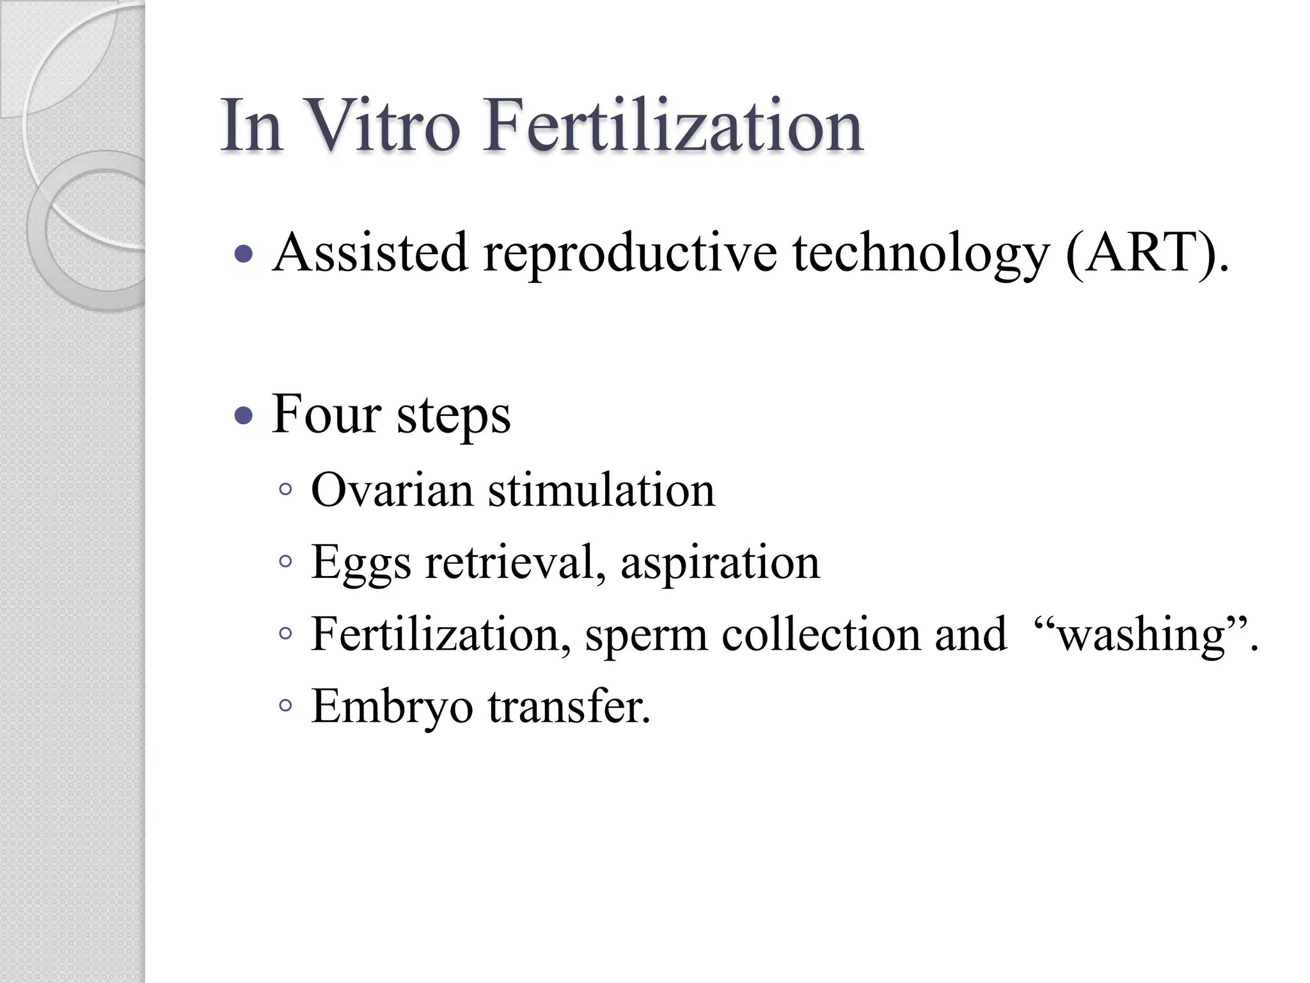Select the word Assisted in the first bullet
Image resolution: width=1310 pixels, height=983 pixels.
click(x=370, y=253)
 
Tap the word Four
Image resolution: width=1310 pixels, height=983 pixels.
click(x=326, y=414)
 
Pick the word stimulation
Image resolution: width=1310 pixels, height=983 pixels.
click(x=601, y=490)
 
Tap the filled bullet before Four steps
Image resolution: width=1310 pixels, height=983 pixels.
click(x=244, y=417)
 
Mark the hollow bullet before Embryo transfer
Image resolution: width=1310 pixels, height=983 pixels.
click(x=286, y=707)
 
